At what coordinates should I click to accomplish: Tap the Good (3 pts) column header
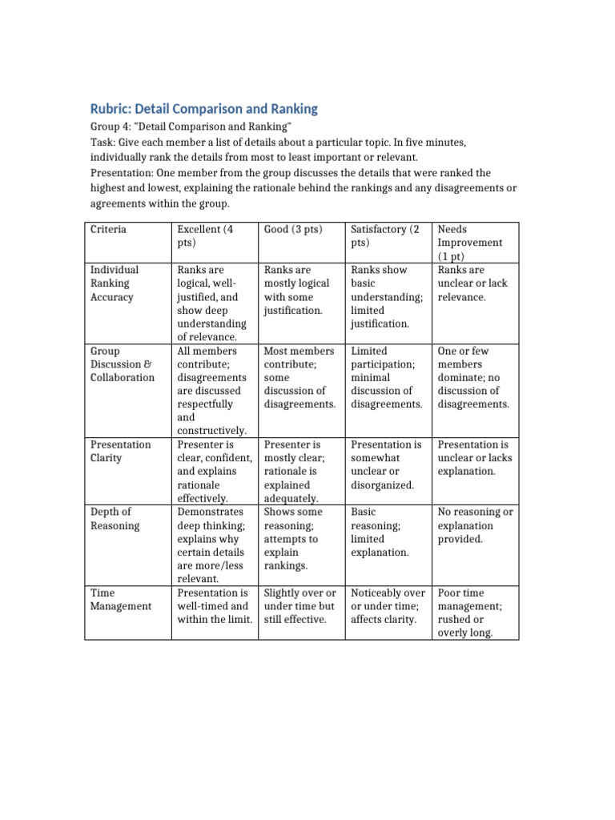[x=293, y=229]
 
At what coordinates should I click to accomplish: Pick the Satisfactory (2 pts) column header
[x=385, y=235]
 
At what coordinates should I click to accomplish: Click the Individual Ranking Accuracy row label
[x=115, y=283]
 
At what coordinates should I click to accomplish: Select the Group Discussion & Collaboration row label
[x=122, y=364]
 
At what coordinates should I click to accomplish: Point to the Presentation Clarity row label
[x=121, y=452]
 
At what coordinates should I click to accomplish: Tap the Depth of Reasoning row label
[x=115, y=519]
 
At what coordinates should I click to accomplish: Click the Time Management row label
[x=120, y=600]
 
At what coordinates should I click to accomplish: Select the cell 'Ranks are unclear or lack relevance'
[x=472, y=283]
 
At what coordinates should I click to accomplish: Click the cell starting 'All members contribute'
[x=211, y=391]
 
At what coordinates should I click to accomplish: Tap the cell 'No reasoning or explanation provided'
[x=475, y=525]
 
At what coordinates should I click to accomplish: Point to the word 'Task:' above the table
[x=103, y=141]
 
